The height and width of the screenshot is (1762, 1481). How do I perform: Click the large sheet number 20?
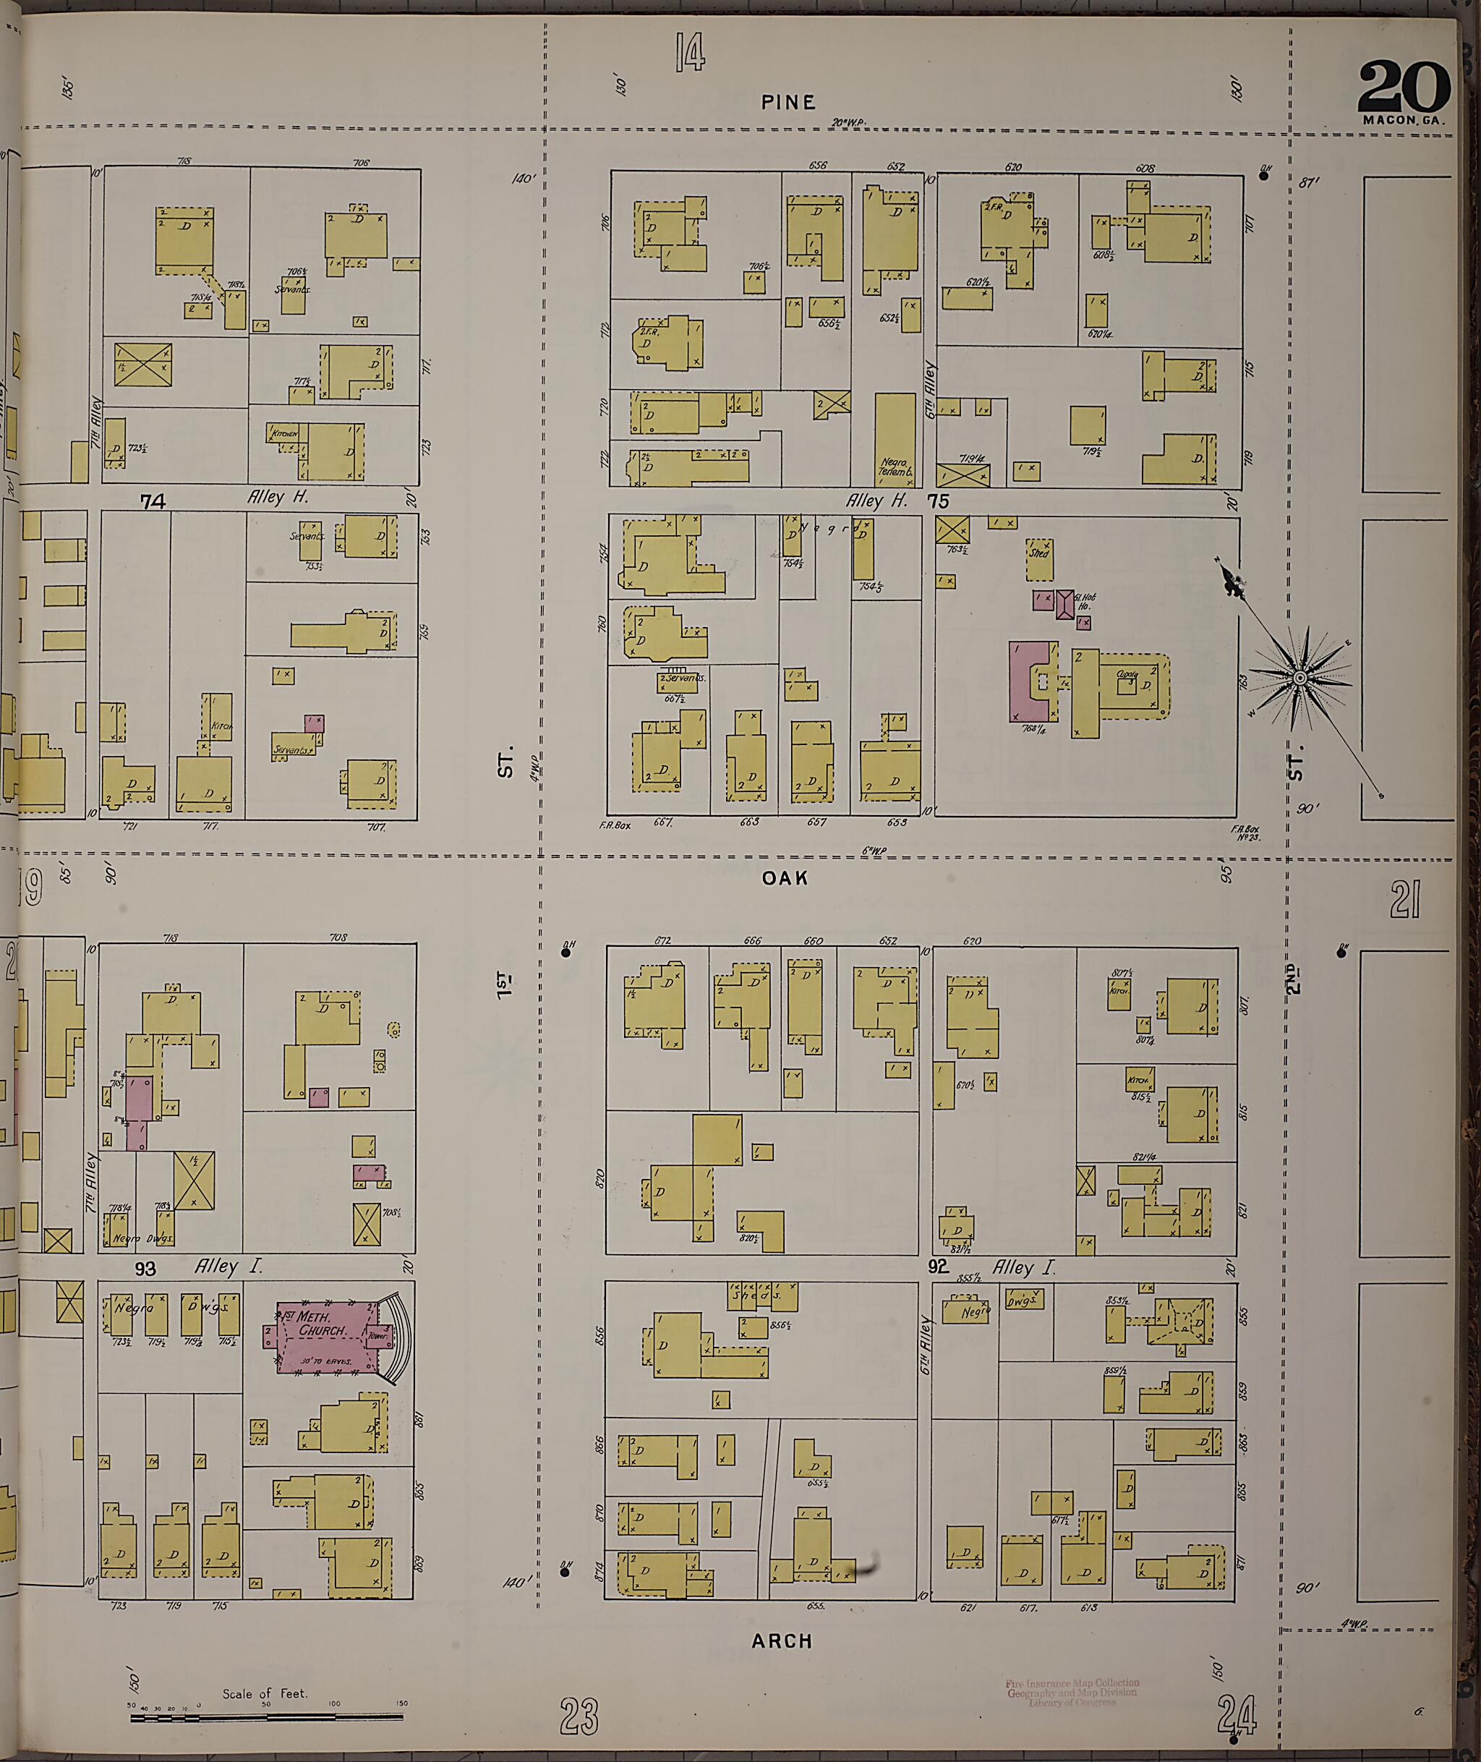coord(1403,88)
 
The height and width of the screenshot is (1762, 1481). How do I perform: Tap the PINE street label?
coord(788,103)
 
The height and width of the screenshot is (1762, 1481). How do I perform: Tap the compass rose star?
coord(1300,677)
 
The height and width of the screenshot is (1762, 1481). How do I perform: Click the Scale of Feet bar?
coord(266,1717)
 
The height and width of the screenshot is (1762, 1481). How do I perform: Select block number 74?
coord(153,502)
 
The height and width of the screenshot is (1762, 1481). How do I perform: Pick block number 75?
coord(938,501)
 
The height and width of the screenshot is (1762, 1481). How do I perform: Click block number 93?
coord(146,1267)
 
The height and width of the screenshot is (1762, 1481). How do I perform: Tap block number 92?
coord(938,1265)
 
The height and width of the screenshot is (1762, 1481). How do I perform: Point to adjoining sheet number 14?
coord(690,52)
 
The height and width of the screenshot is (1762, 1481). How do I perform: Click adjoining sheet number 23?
coord(579,1716)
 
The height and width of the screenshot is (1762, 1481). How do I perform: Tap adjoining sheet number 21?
coord(1404,901)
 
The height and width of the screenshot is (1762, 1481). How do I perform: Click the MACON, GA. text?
coord(1404,120)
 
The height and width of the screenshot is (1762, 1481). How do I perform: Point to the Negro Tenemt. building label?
coord(895,467)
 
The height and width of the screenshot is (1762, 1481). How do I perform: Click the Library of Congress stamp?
coord(1072,1690)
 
